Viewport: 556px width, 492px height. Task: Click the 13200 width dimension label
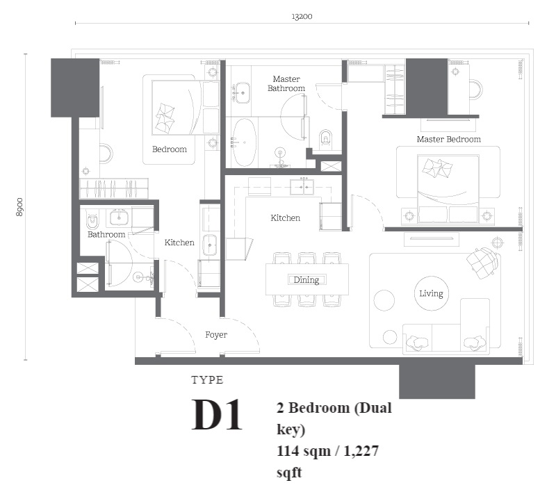[x=302, y=16]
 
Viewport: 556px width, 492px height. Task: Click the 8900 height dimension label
[x=19, y=207]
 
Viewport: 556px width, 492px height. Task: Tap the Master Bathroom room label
[x=286, y=83]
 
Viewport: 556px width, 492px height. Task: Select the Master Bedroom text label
[x=448, y=139]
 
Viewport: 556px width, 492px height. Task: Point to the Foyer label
[x=216, y=335]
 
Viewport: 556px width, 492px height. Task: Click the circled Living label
[x=431, y=293]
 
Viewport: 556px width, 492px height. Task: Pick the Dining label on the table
[x=306, y=280]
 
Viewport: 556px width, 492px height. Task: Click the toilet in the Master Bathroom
[x=326, y=138]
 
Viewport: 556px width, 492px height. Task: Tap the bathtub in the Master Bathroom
[x=244, y=142]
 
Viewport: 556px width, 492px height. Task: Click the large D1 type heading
[x=217, y=414]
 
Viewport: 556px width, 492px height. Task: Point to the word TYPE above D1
[x=207, y=380]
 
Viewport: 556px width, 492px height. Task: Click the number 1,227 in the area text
[x=361, y=451]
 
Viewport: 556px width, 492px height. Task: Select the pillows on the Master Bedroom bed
[x=437, y=167]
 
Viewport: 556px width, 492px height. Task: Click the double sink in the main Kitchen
[x=302, y=187]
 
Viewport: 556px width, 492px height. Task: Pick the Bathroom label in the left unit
[x=106, y=235]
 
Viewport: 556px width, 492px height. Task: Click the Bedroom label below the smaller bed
[x=170, y=149]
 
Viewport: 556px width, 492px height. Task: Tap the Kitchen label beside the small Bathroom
[x=179, y=243]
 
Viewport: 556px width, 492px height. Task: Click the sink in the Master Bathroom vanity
[x=243, y=93]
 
